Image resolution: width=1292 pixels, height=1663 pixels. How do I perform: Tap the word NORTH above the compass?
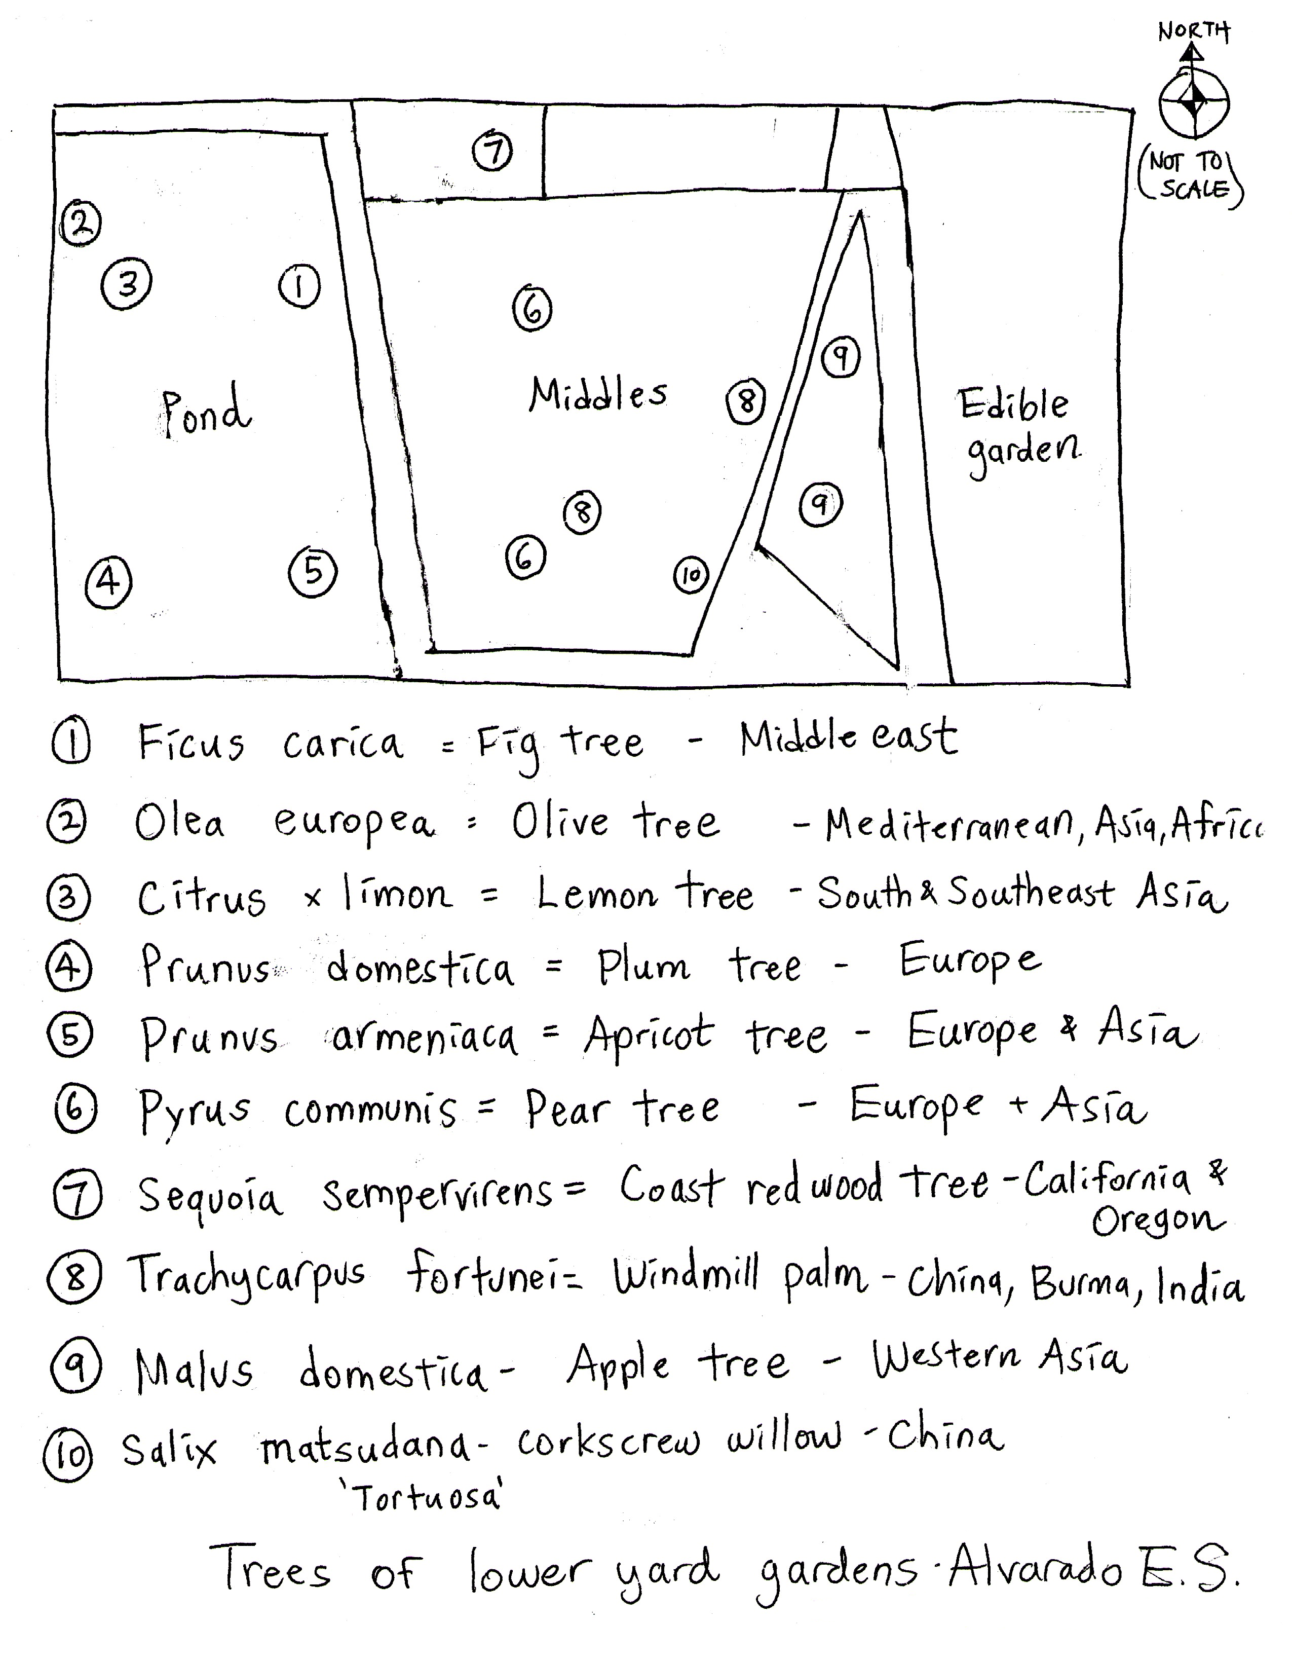pos(1193,31)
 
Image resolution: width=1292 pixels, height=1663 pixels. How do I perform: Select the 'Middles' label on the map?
pos(598,394)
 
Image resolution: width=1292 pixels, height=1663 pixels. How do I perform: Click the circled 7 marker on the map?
pos(492,150)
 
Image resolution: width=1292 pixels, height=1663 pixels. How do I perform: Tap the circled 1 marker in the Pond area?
pos(299,286)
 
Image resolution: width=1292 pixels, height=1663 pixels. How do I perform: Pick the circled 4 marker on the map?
pos(108,582)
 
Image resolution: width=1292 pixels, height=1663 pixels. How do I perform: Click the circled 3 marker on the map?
pos(126,284)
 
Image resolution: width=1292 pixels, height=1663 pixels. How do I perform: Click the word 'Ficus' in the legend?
pos(191,743)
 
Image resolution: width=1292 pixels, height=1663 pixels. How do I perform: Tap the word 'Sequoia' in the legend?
pos(209,1195)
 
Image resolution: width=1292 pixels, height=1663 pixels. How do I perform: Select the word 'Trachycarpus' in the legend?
pos(246,1276)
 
